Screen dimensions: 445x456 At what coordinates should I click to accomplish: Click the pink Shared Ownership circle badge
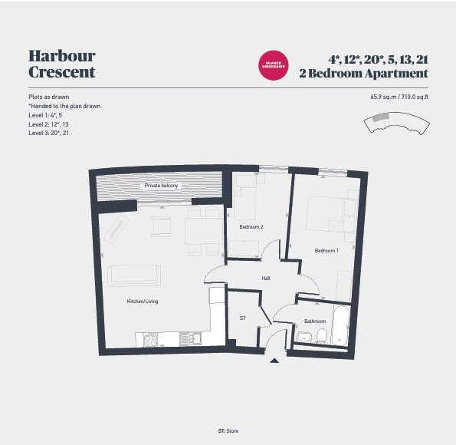tap(274, 64)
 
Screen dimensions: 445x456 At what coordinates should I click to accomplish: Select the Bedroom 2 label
tap(251, 227)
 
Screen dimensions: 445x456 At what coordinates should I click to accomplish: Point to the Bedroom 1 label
tap(326, 251)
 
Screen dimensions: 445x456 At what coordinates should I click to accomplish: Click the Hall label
tap(266, 279)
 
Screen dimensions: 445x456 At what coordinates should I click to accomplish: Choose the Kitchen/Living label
tap(143, 302)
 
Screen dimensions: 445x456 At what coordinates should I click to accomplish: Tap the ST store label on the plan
tap(243, 318)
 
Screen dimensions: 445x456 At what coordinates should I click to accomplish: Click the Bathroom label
tap(315, 321)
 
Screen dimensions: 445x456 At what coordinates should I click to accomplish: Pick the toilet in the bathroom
tap(323, 335)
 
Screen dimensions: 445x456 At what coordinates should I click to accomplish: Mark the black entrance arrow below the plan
tap(276, 360)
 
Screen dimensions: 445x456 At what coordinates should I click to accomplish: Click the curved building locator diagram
tap(396, 120)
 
